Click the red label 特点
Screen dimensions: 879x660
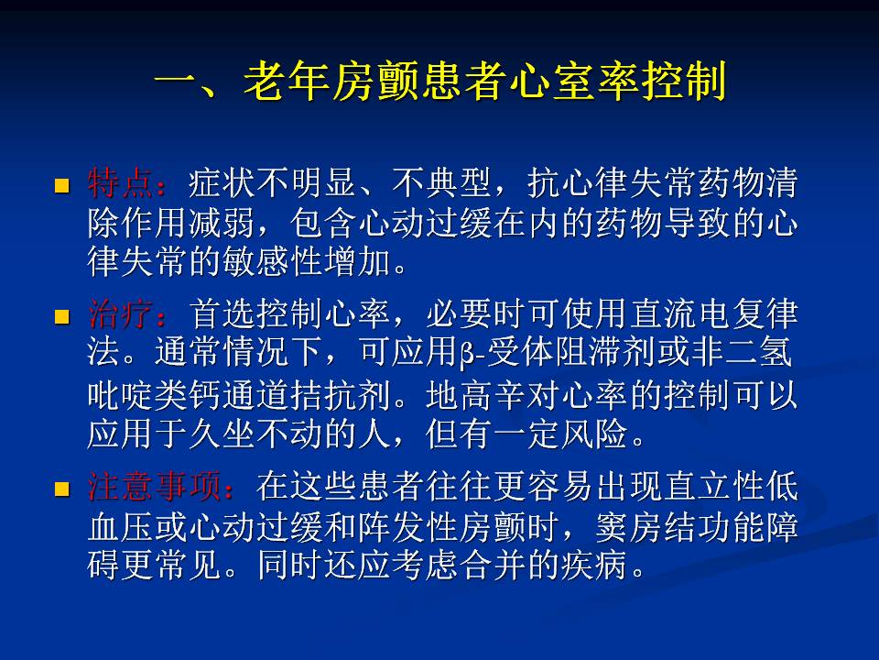coord(121,183)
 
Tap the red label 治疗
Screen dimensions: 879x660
coord(121,313)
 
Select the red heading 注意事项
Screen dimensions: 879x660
coord(155,486)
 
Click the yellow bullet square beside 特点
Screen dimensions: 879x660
coord(61,186)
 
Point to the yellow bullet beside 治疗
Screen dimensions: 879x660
coord(61,317)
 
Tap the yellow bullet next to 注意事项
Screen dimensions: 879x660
coord(61,489)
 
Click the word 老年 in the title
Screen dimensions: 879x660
coord(287,82)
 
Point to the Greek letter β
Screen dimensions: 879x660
coord(466,354)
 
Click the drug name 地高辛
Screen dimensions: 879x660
coord(476,395)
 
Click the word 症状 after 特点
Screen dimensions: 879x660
coord(222,183)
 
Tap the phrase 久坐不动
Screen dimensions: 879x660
coord(255,434)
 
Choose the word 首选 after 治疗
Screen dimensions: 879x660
coord(222,313)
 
